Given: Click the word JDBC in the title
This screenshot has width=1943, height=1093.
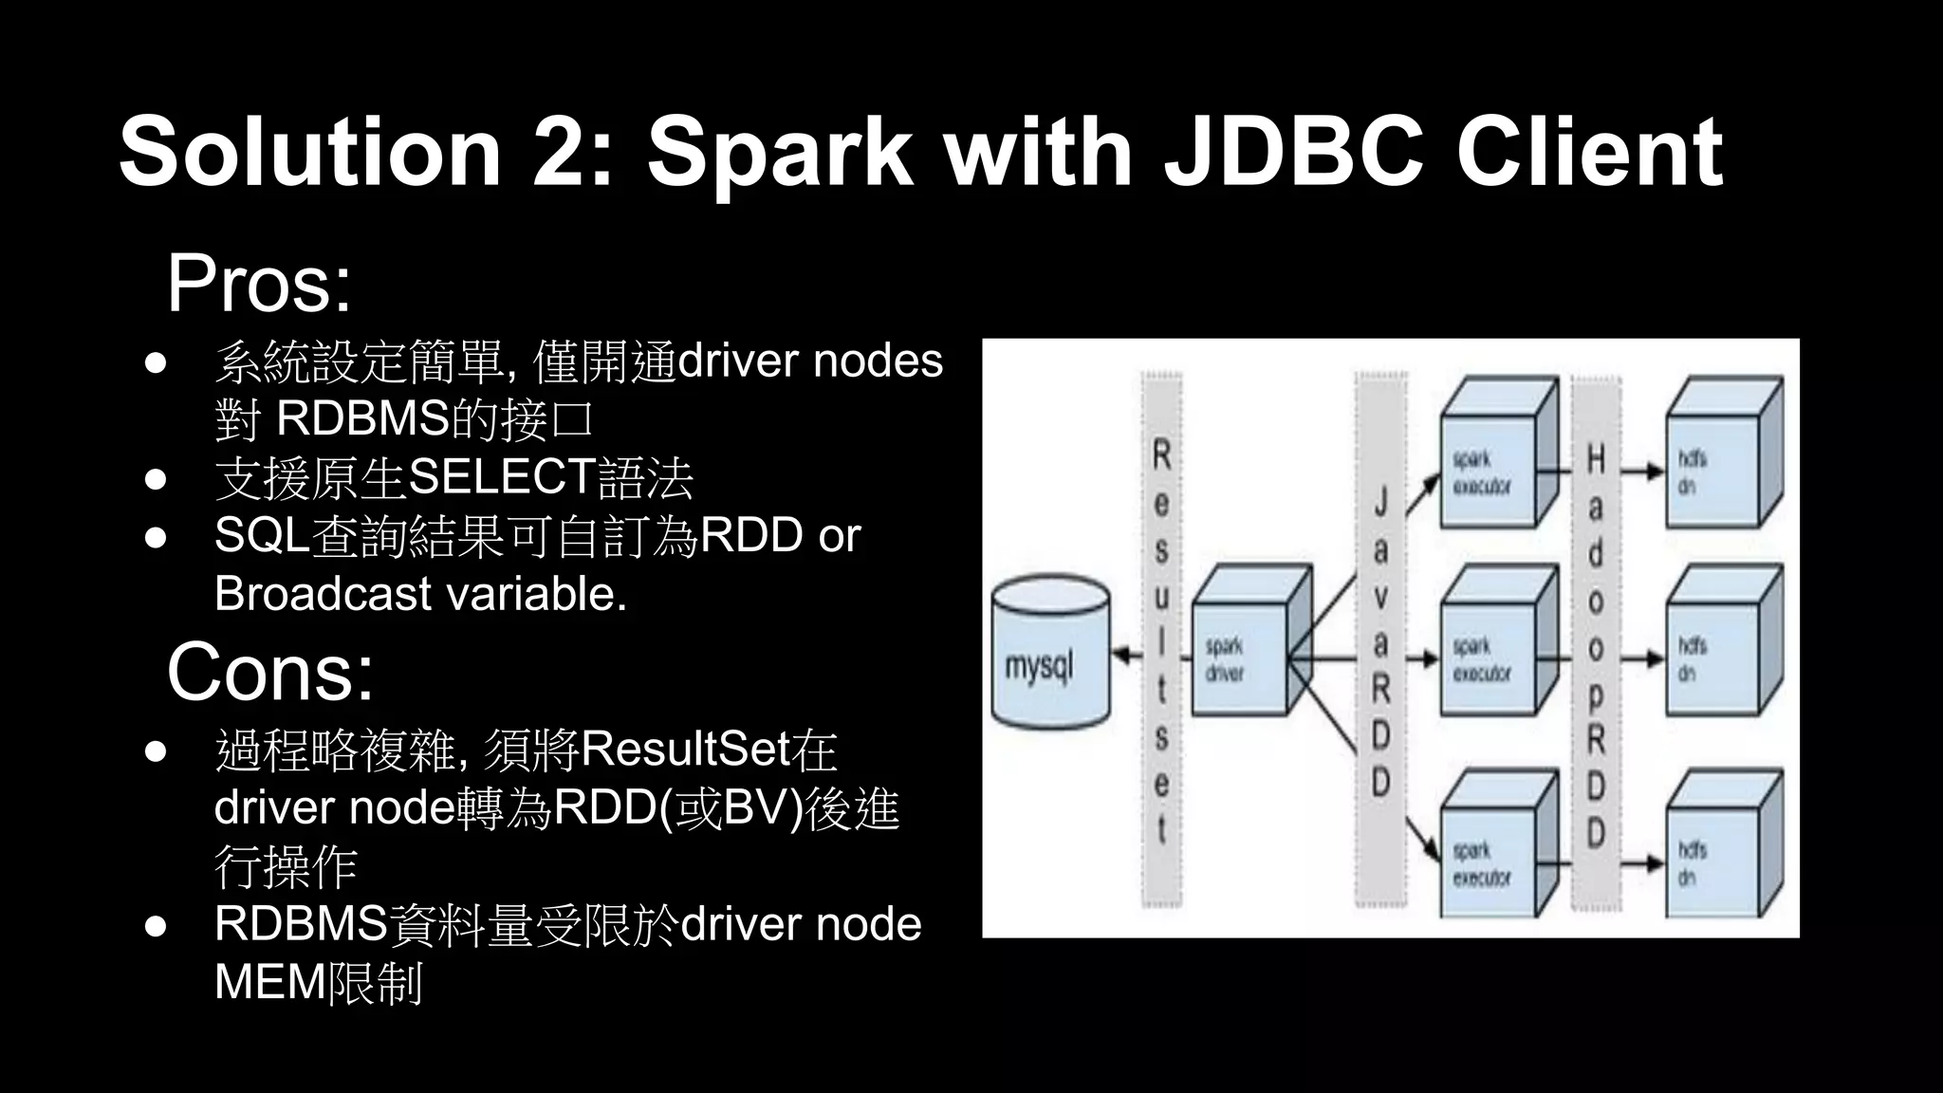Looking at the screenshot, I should pos(1295,152).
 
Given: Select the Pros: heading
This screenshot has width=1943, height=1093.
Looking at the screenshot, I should pos(259,284).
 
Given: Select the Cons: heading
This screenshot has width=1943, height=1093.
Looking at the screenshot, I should pos(270,672).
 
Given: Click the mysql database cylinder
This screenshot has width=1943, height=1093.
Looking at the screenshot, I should pos(1049,655).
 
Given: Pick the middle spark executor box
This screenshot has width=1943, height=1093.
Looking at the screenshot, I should pos(1490,655).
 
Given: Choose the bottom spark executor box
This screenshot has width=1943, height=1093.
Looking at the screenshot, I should pos(1490,859).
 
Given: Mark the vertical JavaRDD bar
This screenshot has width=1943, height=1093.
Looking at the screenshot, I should pos(1381,640).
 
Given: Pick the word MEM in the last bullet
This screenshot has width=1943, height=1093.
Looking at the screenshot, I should pos(269,983).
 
